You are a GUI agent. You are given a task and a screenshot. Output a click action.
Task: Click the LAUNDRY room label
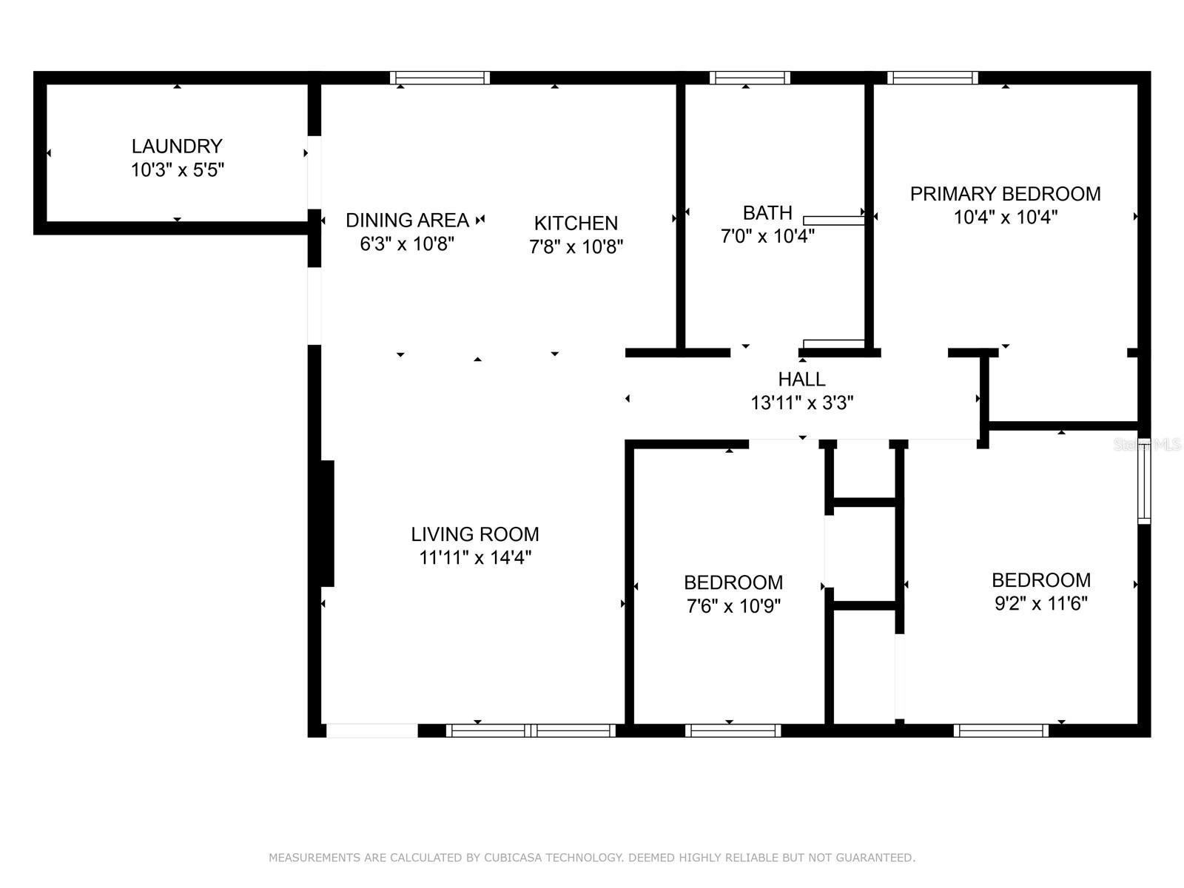pos(177,146)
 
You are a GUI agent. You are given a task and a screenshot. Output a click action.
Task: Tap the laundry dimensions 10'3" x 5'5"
pos(178,170)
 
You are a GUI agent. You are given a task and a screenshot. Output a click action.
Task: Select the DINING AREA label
pos(407,220)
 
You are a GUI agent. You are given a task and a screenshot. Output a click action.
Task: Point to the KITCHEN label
pos(576,223)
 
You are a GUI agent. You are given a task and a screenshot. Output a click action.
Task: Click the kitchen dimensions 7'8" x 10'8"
pos(576,247)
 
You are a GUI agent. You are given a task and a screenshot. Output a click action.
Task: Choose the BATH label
pos(767,213)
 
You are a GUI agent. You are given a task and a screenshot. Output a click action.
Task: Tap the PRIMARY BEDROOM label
pos(1006,194)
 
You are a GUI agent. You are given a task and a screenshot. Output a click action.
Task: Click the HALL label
pos(801,380)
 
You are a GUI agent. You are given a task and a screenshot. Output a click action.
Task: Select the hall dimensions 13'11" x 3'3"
pos(802,403)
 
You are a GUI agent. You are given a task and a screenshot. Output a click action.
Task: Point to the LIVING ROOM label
pos(474,534)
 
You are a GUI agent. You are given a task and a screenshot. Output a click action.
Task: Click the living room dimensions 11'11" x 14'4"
pos(475,557)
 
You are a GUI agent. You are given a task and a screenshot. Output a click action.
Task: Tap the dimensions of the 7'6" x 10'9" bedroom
pos(733,606)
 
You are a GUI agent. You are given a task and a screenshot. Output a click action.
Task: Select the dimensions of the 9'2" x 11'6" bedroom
pos(1041,603)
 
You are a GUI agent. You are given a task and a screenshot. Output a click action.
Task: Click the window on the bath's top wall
pos(750,78)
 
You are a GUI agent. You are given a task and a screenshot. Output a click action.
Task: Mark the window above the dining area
pos(440,78)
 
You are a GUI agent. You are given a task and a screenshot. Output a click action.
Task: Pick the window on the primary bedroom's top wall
pos(932,78)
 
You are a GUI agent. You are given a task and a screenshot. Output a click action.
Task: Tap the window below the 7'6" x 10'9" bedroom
pos(733,730)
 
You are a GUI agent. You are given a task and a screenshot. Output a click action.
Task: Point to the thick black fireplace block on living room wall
pos(327,523)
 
